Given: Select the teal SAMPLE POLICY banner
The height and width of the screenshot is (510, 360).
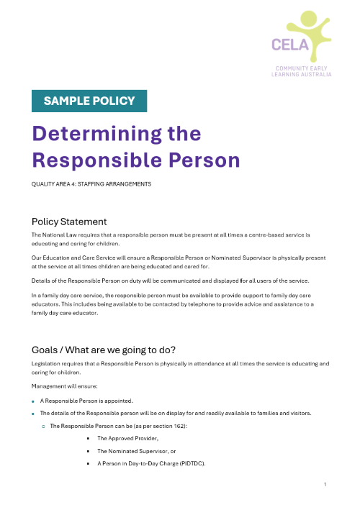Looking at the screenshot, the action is pyautogui.click(x=89, y=101).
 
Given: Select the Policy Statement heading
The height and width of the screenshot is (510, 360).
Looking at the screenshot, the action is pyautogui.click(x=69, y=222).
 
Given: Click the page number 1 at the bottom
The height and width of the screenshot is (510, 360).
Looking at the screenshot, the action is pyautogui.click(x=325, y=484).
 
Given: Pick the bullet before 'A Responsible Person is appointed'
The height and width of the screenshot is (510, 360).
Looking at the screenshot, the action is pyautogui.click(x=34, y=400).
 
